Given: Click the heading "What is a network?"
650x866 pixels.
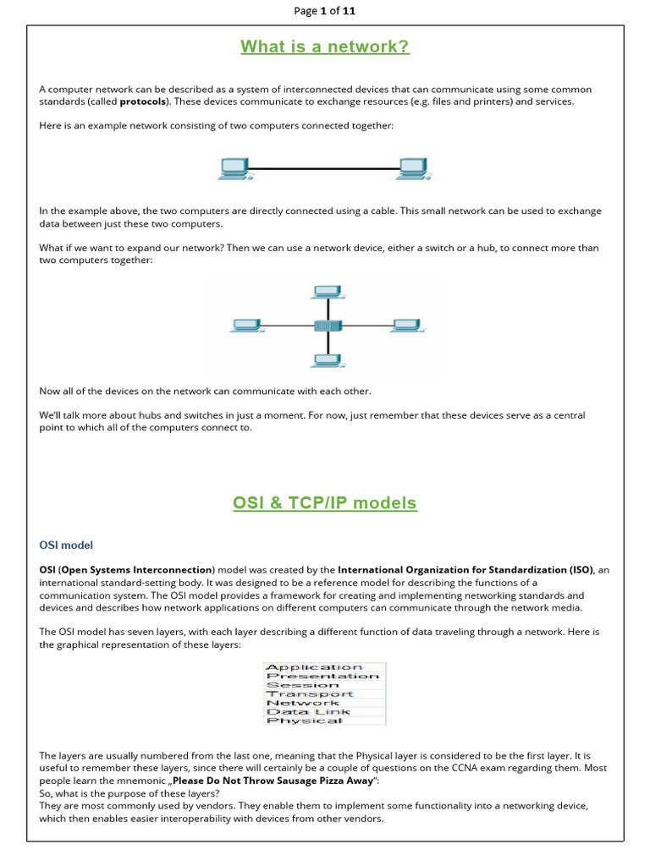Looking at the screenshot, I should click(325, 47).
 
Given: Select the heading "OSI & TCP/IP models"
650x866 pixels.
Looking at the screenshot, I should click(325, 503).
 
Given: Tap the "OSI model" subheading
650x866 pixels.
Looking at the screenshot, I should click(66, 545).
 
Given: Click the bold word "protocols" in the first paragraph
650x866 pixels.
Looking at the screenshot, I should click(143, 101).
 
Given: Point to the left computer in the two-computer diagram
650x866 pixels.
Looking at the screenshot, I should click(234, 168).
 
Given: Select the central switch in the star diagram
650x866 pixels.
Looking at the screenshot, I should click(325, 326).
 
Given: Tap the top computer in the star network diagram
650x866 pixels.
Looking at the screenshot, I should click(326, 293).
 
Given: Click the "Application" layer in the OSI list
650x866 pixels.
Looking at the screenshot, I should click(314, 667).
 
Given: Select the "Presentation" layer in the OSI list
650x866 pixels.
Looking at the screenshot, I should click(322, 676).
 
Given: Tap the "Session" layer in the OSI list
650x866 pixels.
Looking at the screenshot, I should click(302, 685).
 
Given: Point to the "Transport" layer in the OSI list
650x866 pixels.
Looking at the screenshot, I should click(310, 693).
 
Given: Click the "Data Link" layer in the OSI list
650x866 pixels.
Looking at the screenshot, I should click(307, 711).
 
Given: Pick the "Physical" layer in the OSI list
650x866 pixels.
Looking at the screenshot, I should click(304, 721).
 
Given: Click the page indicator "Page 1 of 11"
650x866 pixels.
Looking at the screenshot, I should click(325, 11).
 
